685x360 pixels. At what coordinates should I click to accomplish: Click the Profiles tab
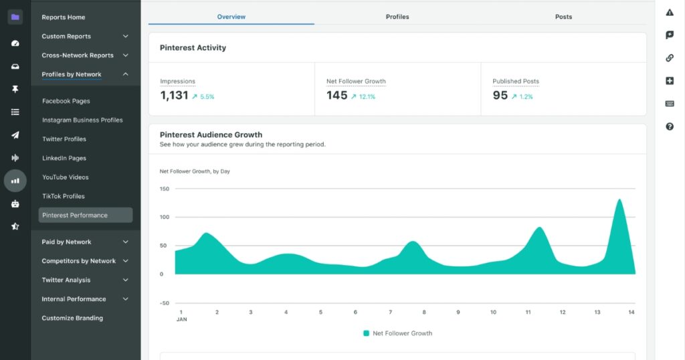397,17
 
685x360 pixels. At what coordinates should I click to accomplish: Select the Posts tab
563,17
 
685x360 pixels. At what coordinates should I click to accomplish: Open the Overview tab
231,17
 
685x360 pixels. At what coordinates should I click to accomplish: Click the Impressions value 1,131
174,96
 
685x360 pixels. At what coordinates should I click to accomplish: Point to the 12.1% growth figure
367,97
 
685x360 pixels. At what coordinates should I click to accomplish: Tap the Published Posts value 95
500,96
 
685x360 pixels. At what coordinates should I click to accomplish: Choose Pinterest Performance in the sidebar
75,215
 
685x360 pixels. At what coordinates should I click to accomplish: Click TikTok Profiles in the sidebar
63,196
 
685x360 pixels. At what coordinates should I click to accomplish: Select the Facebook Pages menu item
66,101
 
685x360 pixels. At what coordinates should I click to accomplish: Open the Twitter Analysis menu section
66,280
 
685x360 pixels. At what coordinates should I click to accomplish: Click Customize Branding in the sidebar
72,318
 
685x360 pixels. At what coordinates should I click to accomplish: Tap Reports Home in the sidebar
64,17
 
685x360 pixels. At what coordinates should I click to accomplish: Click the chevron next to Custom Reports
126,36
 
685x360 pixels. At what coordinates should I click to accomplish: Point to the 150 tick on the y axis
165,189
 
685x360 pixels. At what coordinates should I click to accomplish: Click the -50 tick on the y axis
165,303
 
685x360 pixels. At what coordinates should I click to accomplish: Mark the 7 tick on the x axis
390,312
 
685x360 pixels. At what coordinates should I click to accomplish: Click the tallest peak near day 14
619,200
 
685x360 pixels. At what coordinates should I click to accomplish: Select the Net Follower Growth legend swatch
366,333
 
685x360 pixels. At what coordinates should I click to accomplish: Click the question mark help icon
670,126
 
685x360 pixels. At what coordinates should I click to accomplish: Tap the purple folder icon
15,17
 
